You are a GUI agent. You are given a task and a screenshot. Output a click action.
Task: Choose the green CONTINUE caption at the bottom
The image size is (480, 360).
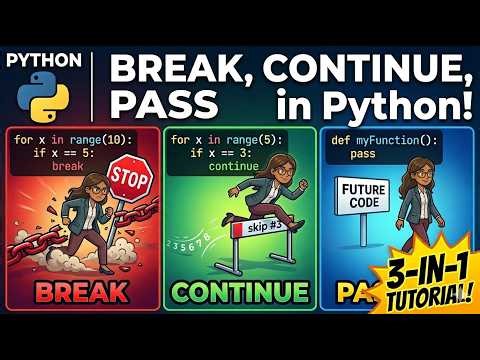238,292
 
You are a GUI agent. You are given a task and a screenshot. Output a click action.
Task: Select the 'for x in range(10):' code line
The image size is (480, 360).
71,141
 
